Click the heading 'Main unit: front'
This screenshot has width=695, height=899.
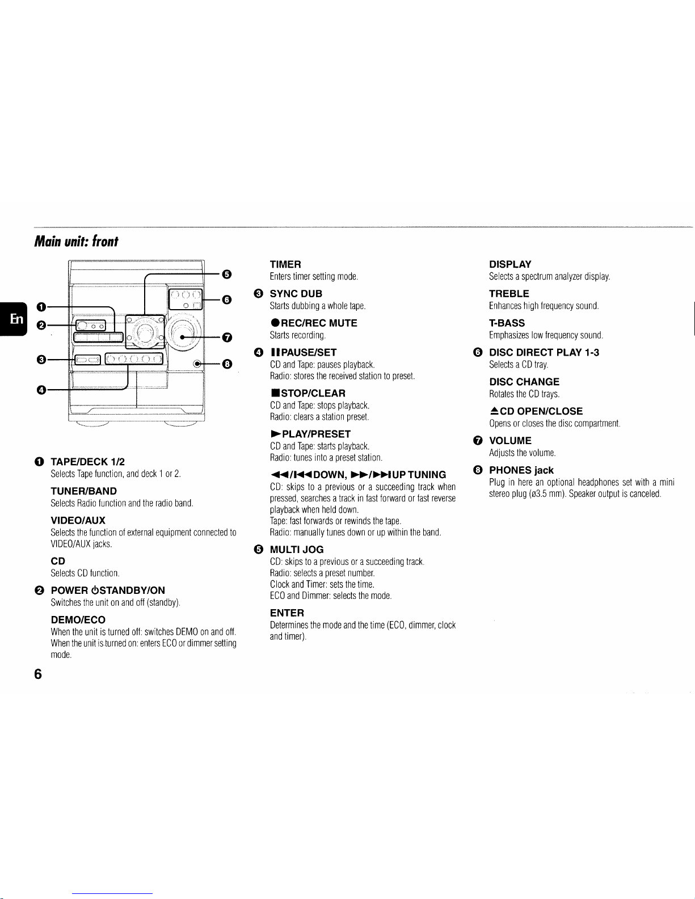[x=76, y=242]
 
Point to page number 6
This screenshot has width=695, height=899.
[x=38, y=674]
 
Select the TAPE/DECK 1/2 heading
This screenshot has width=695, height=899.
[x=87, y=462]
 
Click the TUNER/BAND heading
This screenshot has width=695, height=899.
[x=83, y=491]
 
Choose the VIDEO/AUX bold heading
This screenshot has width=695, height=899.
[x=78, y=521]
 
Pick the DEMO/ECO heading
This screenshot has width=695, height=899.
[x=78, y=620]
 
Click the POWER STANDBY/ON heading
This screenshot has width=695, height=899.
[x=108, y=590]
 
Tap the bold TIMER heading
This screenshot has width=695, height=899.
[x=285, y=264]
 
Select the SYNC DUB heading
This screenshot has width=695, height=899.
[x=296, y=294]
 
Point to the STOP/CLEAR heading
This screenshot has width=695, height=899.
[x=308, y=393]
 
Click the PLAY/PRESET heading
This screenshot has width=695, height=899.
[x=310, y=434]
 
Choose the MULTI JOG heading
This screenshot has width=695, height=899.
[x=297, y=550]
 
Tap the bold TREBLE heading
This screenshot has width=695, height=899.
[x=509, y=294]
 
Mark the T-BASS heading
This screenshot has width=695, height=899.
[x=507, y=323]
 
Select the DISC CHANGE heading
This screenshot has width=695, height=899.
[x=524, y=382]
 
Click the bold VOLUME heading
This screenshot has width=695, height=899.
[x=510, y=441]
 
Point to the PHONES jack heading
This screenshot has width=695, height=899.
[x=521, y=470]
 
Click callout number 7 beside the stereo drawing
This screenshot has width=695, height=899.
[x=226, y=338]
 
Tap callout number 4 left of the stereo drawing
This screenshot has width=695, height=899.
[x=41, y=390]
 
